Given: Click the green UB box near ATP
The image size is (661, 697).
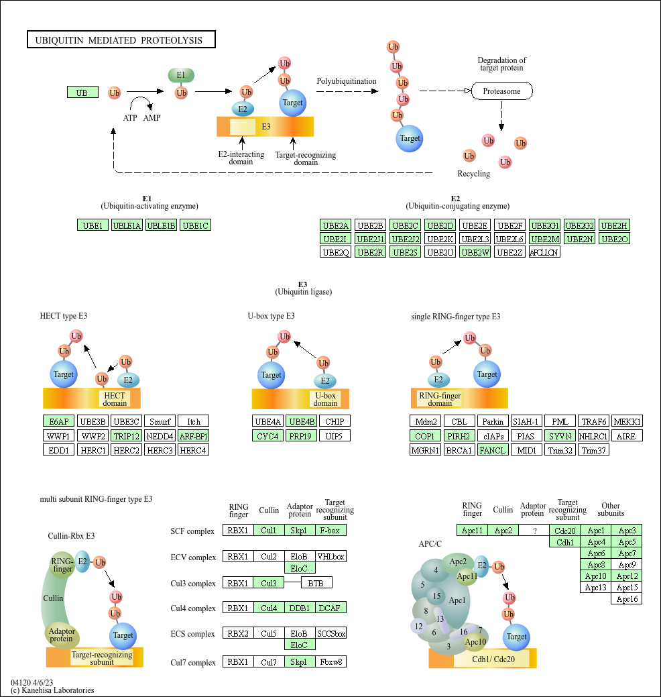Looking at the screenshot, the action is click(82, 93).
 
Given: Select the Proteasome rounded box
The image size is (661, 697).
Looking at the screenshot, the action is click(501, 91).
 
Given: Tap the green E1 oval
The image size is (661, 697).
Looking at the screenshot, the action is click(181, 75).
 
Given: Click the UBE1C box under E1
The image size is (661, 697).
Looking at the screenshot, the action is click(196, 225).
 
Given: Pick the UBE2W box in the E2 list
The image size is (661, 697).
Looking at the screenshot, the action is click(475, 252).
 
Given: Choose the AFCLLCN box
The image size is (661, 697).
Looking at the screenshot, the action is click(544, 252).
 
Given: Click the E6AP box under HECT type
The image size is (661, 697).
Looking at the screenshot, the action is click(58, 421).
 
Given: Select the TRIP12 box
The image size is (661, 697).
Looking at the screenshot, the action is click(127, 437).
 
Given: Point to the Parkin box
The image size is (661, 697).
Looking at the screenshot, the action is click(493, 421).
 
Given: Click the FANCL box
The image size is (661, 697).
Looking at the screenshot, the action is click(493, 450).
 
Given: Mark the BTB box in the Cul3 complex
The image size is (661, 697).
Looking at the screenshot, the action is click(316, 583).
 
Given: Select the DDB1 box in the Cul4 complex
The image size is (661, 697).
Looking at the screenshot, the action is click(300, 608).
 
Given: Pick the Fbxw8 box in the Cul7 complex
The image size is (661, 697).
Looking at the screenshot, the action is click(331, 662).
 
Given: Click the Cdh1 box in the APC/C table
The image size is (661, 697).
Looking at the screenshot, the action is click(564, 542).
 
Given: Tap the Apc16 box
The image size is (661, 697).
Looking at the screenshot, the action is click(627, 599).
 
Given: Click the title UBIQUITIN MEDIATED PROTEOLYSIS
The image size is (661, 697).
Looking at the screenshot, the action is click(119, 40).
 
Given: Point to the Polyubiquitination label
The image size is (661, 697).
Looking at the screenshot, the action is click(347, 81).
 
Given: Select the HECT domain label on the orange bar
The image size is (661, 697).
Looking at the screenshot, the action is click(115, 399).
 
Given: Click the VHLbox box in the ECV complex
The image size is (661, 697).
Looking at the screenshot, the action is click(331, 556).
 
